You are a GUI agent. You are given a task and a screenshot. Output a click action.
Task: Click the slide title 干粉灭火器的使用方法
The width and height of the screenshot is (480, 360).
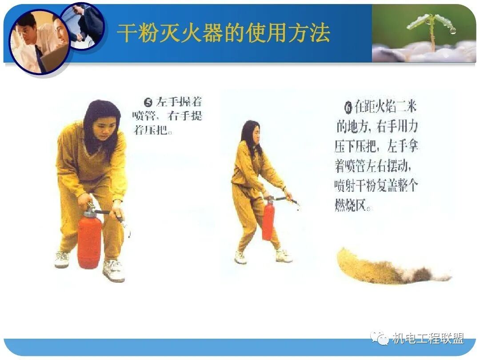coord(224,33)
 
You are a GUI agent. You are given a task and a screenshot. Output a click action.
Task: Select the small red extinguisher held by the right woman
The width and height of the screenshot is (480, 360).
coord(268,220)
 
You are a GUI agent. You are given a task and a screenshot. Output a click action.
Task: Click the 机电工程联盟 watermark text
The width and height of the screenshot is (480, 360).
coord(428,339)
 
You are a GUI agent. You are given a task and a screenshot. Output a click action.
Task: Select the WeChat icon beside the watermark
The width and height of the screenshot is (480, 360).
coord(380,339)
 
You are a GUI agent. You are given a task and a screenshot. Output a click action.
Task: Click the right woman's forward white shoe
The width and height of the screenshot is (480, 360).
coord(283,256)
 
